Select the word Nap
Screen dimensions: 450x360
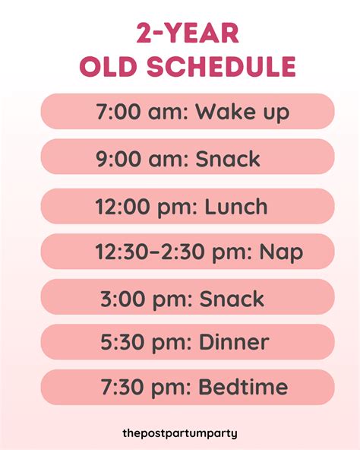pos(281,252)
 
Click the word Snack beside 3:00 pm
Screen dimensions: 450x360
pos(232,298)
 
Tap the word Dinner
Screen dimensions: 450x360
pos(233,342)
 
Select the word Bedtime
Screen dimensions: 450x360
pos(242,387)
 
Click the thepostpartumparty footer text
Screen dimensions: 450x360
pos(180,433)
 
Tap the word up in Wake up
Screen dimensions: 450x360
pos(276,113)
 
